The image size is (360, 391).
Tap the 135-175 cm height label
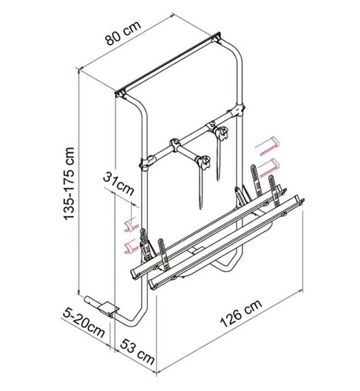click(x=68, y=184)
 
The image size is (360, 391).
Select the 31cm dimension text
click(x=118, y=183)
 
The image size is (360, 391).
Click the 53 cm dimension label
click(x=137, y=352)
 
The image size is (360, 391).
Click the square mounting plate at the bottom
click(x=108, y=308)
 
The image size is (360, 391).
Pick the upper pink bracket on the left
click(x=131, y=224)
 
